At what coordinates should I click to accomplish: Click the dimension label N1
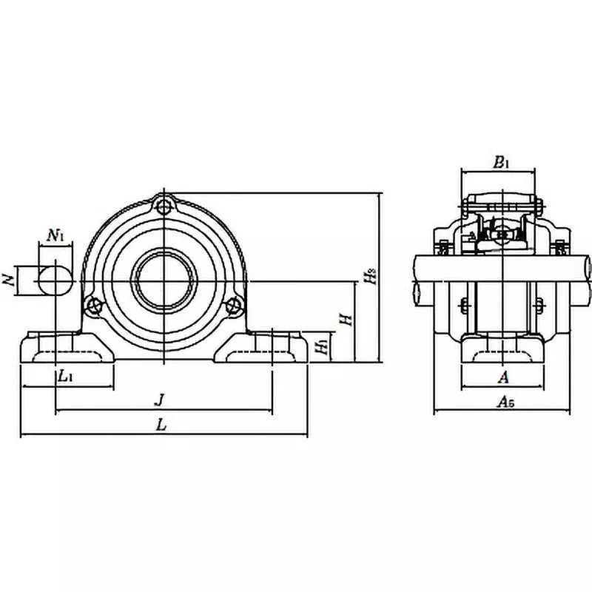(56, 236)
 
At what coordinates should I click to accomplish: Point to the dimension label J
(158, 400)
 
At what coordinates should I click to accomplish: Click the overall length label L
(162, 425)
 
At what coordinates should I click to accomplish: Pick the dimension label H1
(321, 346)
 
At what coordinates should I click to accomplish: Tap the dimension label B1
(501, 161)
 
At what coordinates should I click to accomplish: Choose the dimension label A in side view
(503, 377)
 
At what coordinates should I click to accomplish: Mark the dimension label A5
(505, 402)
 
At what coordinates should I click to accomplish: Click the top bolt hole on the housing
(163, 204)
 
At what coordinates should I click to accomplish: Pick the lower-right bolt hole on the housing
(235, 303)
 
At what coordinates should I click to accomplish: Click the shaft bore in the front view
(163, 279)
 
